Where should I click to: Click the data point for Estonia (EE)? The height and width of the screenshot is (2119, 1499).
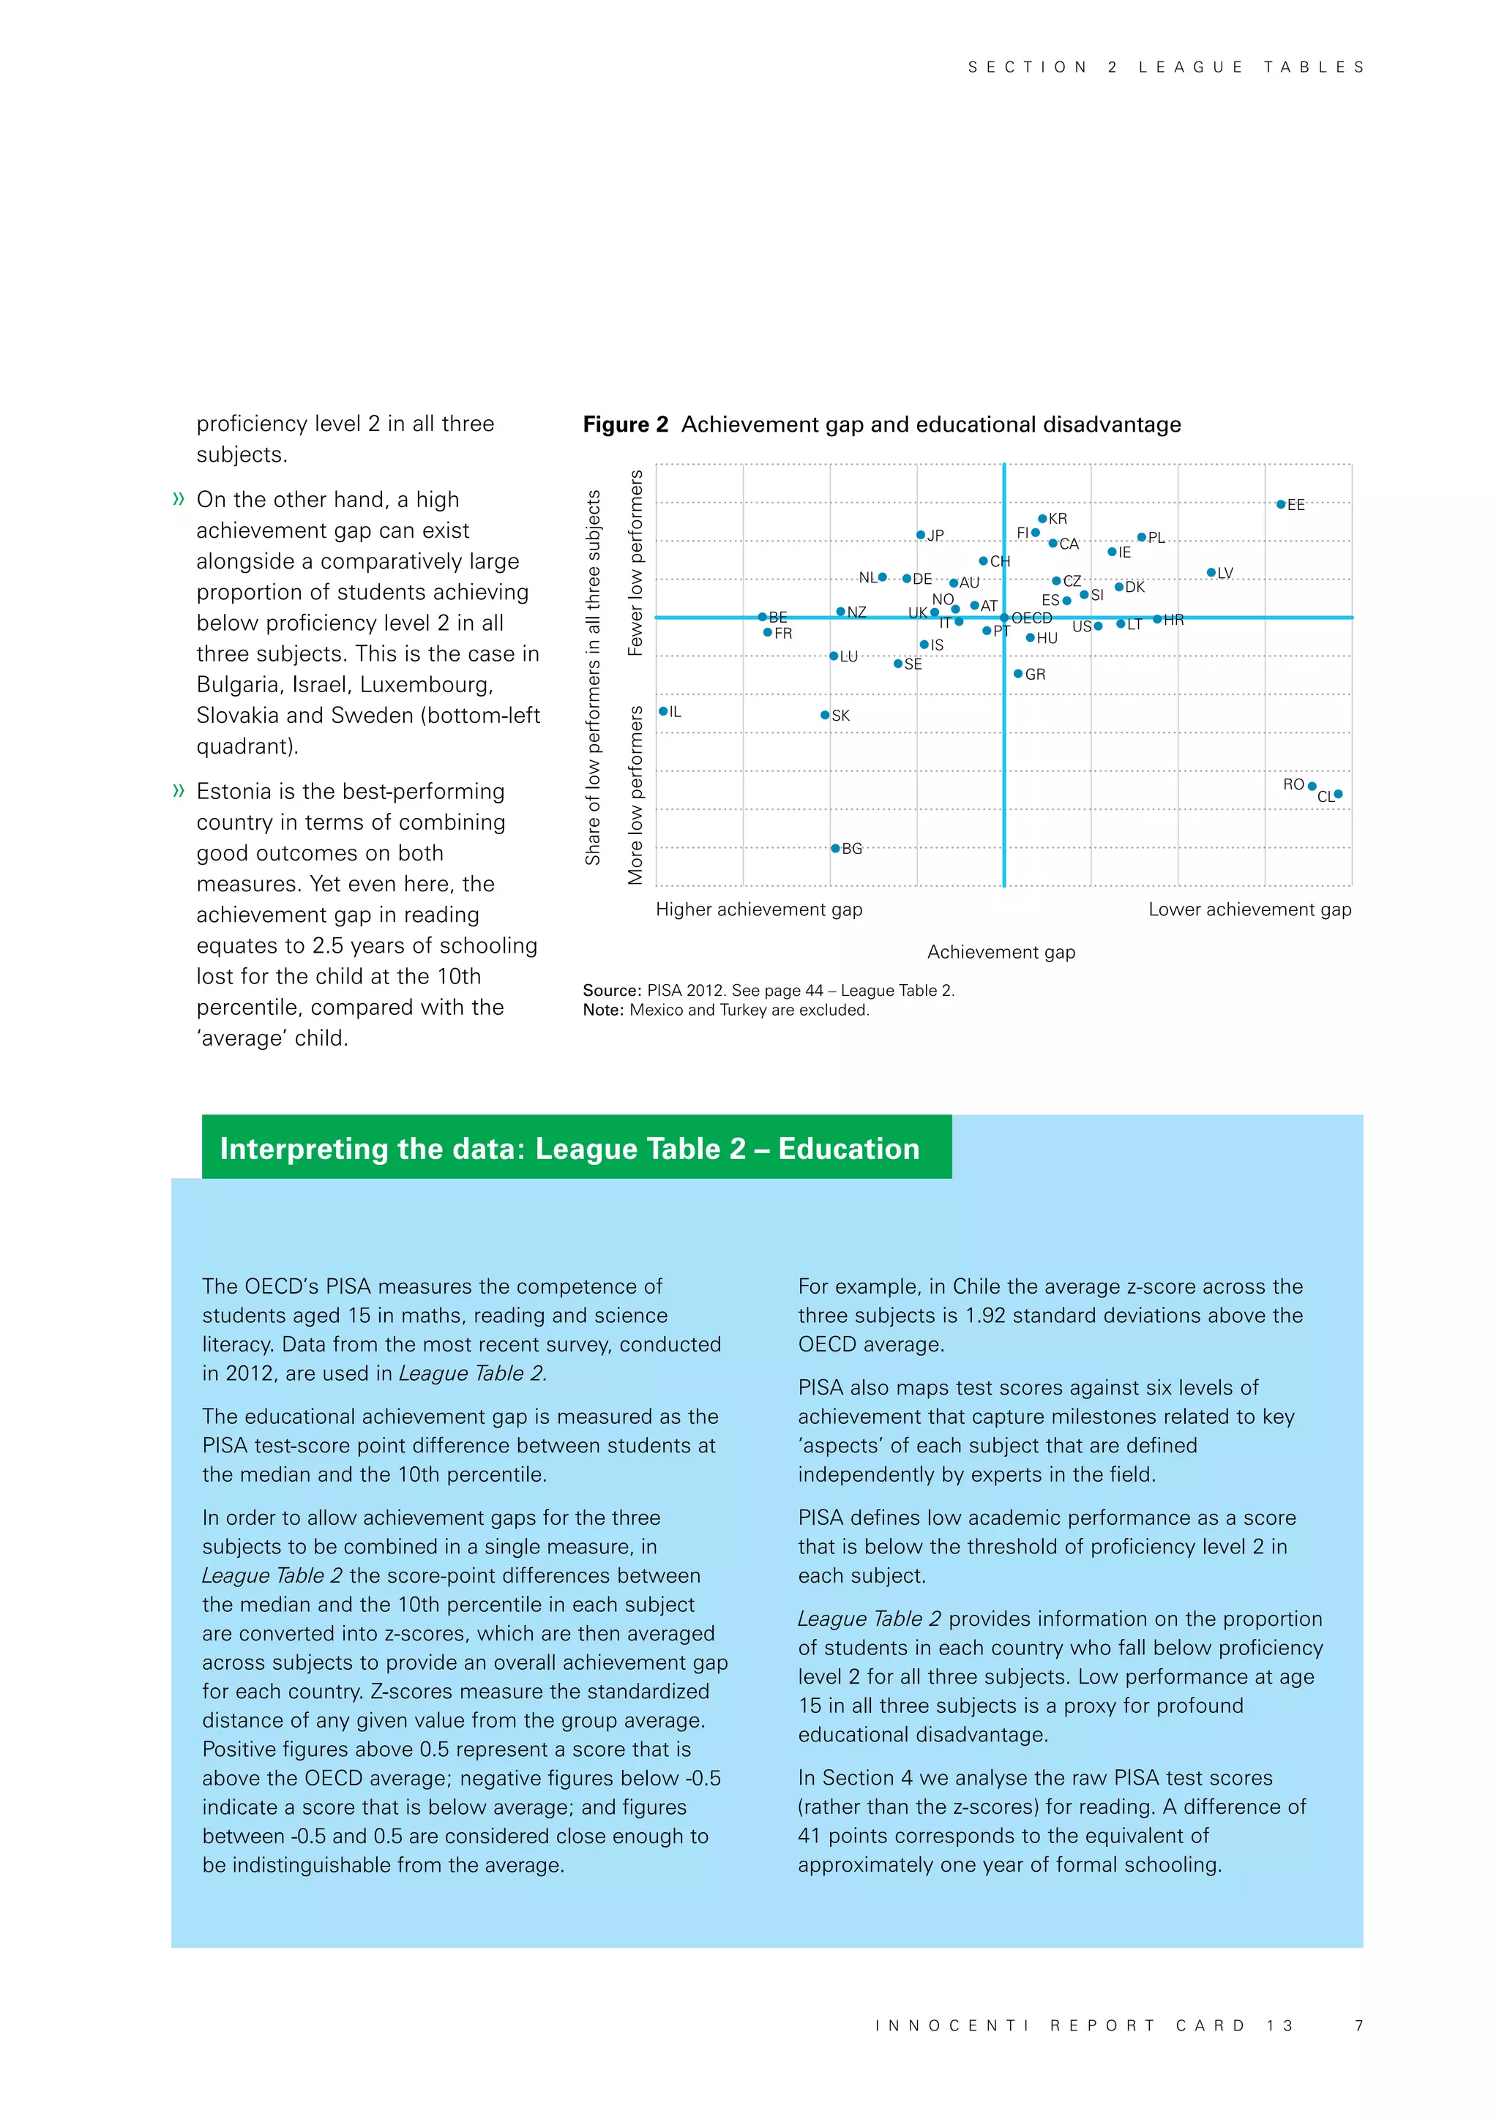tap(1280, 505)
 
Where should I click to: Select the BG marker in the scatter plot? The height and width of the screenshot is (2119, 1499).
tap(835, 848)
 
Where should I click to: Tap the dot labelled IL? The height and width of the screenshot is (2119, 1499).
tap(662, 711)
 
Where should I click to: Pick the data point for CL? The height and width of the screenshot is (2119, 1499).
tap(1339, 794)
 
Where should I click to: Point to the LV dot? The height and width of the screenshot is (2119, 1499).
tap(1211, 573)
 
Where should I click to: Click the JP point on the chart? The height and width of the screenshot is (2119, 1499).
tap(920, 536)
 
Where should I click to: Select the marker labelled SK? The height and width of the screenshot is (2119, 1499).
tap(825, 716)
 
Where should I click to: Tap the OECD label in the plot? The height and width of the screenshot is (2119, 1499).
tap(1032, 618)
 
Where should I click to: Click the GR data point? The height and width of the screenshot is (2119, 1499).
tap(1018, 674)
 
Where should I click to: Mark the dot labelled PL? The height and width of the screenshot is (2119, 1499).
tap(1142, 537)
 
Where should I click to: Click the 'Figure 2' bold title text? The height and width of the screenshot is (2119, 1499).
tap(625, 424)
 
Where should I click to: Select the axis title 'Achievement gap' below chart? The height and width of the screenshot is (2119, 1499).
tap(1001, 951)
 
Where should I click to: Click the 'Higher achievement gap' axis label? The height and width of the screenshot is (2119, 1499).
tap(759, 909)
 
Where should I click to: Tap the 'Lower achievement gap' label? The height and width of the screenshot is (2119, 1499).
tap(1250, 909)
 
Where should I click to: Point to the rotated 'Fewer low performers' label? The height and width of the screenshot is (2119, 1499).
tap(635, 563)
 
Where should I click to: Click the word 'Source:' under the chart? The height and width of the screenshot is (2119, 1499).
tap(611, 990)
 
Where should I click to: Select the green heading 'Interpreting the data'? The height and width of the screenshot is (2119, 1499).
tap(569, 1148)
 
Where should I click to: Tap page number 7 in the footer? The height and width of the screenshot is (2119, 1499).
tap(1358, 2025)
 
